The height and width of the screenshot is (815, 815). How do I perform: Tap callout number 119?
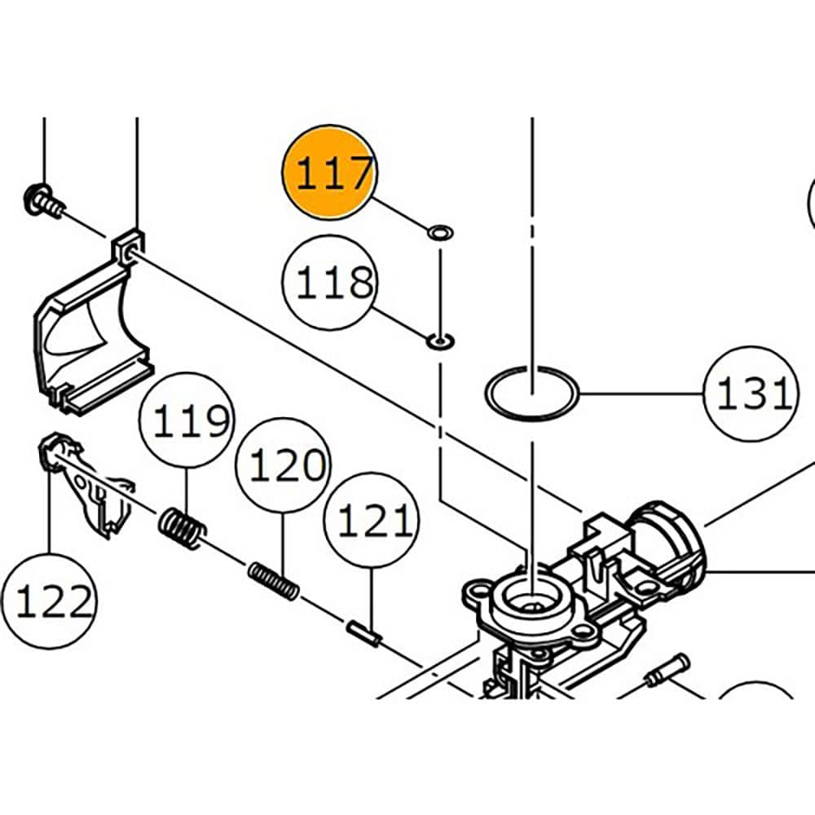tap(186, 421)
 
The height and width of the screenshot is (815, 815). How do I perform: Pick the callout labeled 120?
tap(282, 465)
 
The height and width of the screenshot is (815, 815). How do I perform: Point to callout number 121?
tap(371, 522)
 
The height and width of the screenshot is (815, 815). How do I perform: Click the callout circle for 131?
tap(751, 394)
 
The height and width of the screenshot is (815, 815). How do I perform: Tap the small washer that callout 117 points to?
tap(440, 234)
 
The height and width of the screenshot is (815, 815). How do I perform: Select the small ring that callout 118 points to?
tap(440, 340)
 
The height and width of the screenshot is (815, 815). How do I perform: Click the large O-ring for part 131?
tap(532, 394)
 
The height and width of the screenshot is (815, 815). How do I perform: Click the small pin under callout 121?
tap(363, 632)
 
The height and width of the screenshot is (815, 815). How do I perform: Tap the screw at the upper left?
tap(39, 199)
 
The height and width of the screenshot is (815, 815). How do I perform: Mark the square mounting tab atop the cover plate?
tap(128, 246)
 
